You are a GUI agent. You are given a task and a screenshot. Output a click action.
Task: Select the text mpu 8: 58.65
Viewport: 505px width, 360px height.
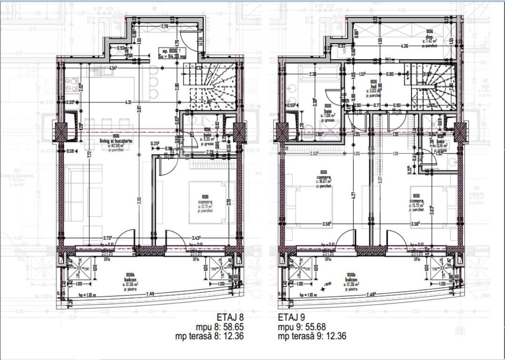220,326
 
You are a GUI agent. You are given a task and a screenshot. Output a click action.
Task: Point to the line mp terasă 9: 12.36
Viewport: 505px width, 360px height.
312,336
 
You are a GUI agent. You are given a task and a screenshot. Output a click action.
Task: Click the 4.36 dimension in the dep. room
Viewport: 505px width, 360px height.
404,46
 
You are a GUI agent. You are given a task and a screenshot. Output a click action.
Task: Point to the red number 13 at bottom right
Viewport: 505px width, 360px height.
460,331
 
